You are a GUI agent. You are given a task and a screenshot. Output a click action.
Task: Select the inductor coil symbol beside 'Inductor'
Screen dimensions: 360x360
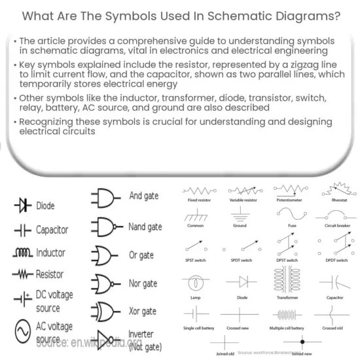(22, 253)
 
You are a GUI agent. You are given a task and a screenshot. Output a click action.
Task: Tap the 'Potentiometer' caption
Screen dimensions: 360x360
(289, 199)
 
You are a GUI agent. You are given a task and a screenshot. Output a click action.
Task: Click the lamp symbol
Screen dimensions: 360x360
(194, 283)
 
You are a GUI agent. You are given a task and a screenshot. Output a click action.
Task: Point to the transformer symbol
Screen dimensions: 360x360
(289, 281)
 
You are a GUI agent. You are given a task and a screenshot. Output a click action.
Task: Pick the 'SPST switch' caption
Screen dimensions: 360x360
(194, 260)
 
